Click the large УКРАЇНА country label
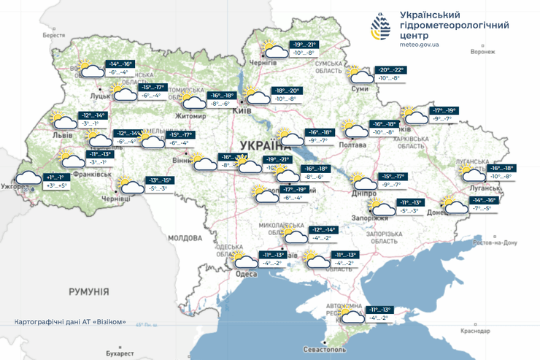coord(261,145)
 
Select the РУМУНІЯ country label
coord(89,291)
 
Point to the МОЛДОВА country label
coord(185,238)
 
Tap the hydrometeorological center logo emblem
coord(381,28)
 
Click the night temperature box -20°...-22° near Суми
coord(390,70)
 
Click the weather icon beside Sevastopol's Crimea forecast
coord(352,315)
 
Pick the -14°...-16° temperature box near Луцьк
coord(121,64)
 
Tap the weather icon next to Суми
coord(361,75)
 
